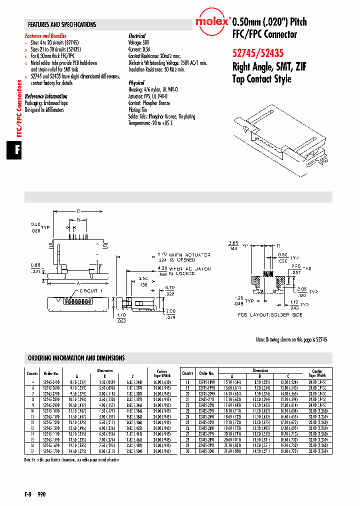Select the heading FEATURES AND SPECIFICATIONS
tap(62, 24)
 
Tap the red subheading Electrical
tap(137, 36)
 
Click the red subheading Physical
tap(136, 83)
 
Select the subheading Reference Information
tap(46, 96)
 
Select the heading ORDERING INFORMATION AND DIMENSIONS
tap(76, 358)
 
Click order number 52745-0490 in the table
tap(51, 382)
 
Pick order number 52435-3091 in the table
tap(207, 451)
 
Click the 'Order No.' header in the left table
tap(51, 373)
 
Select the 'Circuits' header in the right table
tap(187, 373)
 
